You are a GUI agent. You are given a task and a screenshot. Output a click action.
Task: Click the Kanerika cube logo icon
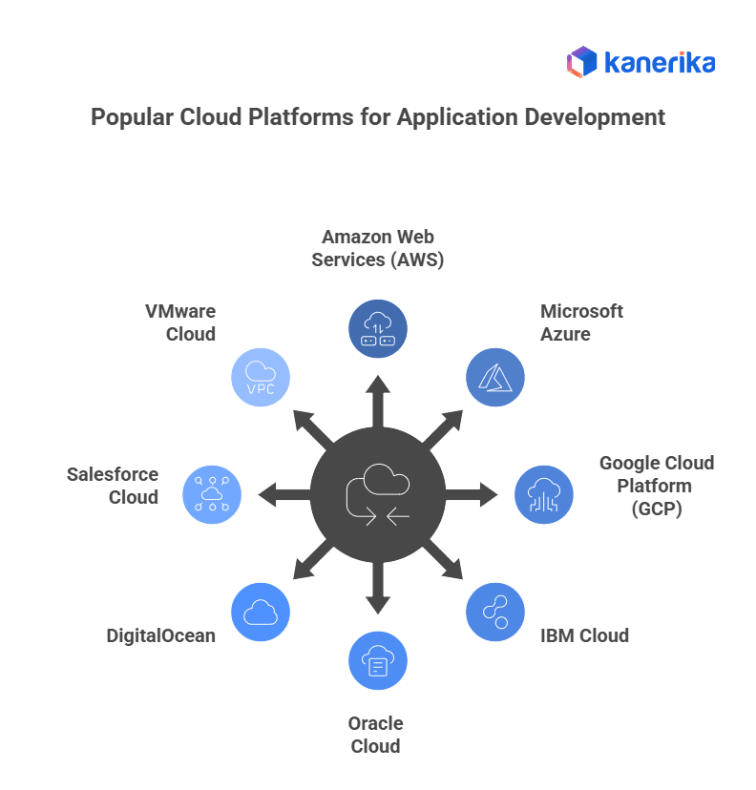click(581, 63)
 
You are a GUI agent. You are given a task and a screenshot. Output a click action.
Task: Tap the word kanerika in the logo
click(660, 63)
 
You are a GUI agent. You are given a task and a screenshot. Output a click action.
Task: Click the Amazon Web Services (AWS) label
click(377, 247)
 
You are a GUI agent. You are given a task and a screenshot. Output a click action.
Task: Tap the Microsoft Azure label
click(581, 322)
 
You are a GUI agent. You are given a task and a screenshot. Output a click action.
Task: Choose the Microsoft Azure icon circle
click(494, 378)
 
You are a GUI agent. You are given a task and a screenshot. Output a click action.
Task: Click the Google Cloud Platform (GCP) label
click(656, 486)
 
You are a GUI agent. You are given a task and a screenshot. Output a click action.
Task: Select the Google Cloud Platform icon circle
click(544, 495)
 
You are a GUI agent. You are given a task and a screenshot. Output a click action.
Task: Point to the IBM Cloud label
click(584, 635)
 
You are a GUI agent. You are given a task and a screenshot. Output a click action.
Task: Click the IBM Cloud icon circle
click(494, 612)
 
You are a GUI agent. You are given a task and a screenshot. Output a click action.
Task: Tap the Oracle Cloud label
click(375, 734)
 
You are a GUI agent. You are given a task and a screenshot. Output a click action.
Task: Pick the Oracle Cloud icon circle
click(377, 660)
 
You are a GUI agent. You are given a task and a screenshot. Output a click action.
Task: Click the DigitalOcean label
click(161, 635)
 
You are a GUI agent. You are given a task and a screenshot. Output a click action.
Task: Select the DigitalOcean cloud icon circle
click(261, 612)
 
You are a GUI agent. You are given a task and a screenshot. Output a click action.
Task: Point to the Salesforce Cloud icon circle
click(211, 495)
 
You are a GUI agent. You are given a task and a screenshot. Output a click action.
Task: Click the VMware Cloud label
click(180, 322)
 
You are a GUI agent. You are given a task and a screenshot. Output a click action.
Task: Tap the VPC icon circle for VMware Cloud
click(261, 378)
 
